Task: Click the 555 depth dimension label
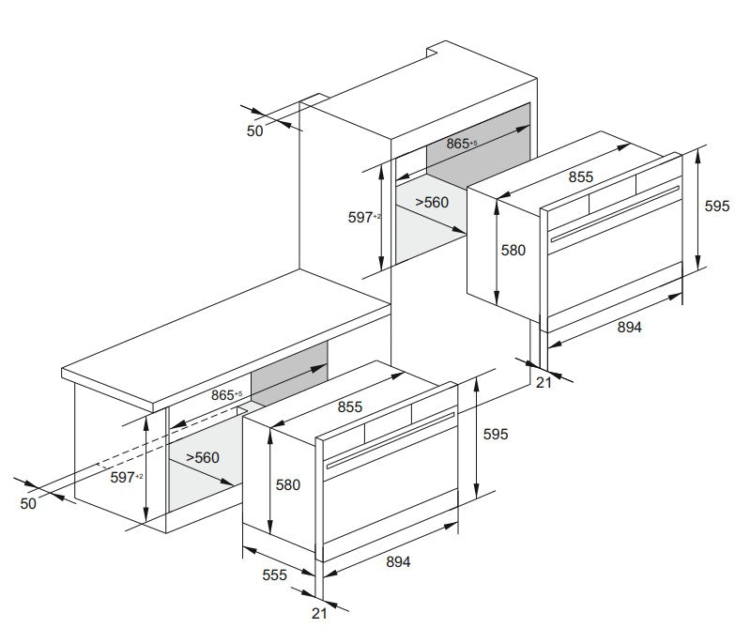tap(274, 574)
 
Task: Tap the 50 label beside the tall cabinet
tap(255, 131)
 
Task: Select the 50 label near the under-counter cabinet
tap(28, 503)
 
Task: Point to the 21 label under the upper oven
tap(544, 383)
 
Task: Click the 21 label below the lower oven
tap(319, 613)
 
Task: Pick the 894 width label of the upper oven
tap(629, 327)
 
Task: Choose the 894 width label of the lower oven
tap(398, 561)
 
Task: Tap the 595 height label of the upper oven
tap(717, 207)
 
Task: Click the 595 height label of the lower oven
tap(496, 435)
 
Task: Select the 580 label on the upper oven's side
tap(513, 251)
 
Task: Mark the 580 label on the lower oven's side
tap(288, 484)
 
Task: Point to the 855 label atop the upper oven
tap(581, 176)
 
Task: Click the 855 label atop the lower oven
tap(350, 406)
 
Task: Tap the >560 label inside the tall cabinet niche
tap(432, 203)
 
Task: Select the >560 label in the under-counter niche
tap(203, 457)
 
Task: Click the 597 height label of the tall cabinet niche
tap(364, 218)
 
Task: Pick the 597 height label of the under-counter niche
tap(127, 477)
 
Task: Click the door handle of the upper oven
tap(615, 214)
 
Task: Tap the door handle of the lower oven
tap(390, 440)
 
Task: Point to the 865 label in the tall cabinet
tap(461, 144)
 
